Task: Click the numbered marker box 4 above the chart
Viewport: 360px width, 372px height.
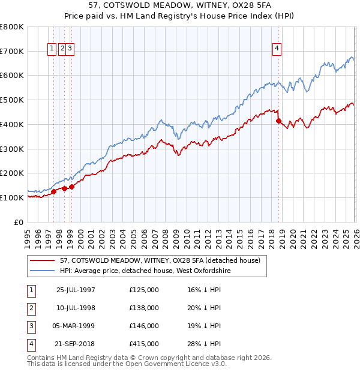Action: point(277,49)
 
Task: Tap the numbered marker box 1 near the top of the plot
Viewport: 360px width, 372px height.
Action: point(52,49)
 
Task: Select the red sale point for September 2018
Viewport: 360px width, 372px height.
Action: point(278,121)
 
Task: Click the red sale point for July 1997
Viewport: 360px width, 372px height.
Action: point(53,191)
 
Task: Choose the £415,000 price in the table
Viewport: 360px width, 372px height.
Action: point(144,344)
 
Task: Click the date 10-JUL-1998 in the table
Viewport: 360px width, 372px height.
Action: point(76,308)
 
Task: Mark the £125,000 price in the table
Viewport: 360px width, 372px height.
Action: point(144,290)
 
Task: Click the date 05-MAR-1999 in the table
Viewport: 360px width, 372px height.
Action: point(76,326)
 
